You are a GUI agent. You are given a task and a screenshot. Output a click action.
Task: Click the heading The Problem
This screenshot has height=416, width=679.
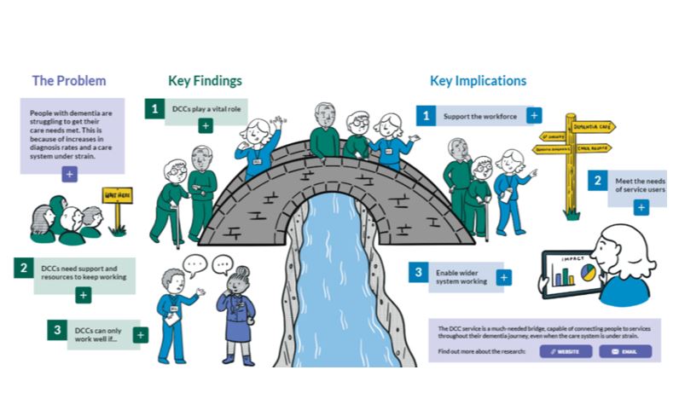[x=69, y=81]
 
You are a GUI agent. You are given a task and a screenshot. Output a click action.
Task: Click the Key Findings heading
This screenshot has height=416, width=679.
[x=205, y=81]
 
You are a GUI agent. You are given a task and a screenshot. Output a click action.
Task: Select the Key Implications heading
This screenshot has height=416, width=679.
[x=478, y=81]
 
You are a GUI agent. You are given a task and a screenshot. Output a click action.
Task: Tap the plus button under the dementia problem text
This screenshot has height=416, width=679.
[x=70, y=173]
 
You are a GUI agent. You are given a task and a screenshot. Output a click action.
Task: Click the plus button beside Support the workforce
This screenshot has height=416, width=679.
[x=534, y=115]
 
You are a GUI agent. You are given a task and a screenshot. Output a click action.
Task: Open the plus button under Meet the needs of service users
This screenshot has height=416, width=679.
[x=641, y=208]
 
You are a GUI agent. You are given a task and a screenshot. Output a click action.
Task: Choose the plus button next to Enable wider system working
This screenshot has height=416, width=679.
[x=504, y=277]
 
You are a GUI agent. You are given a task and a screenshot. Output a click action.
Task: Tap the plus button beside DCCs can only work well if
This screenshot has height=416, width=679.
[x=140, y=335]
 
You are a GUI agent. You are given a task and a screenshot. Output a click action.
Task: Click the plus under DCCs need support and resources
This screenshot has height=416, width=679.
[x=83, y=295]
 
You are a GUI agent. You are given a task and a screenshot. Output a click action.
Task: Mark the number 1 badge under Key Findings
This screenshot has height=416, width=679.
[x=154, y=108]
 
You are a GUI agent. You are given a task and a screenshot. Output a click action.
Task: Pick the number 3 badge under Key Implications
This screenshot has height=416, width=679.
[x=418, y=273]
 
